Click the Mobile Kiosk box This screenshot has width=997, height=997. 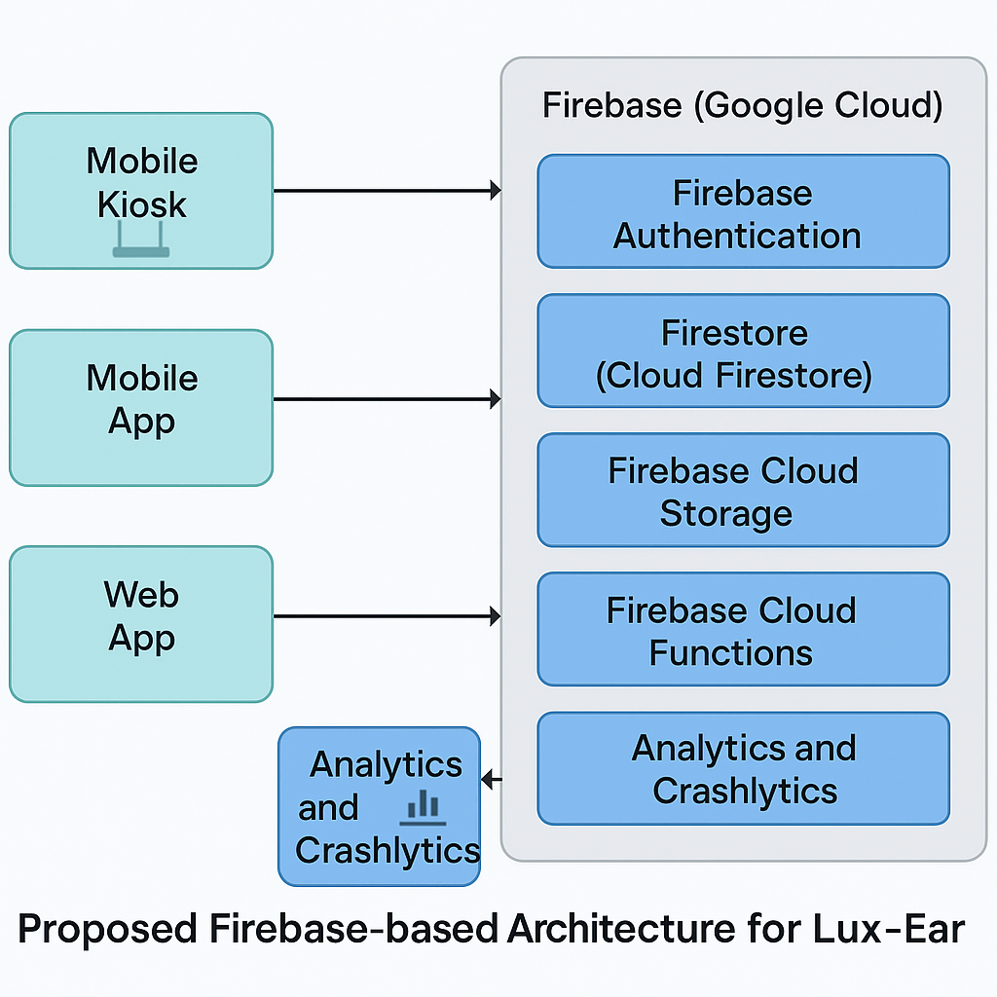click(x=141, y=190)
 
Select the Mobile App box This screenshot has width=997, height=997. click(x=141, y=407)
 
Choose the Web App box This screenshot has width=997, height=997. click(x=141, y=623)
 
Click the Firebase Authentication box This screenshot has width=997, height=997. click(x=743, y=211)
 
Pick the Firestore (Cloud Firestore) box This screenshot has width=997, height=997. click(x=743, y=351)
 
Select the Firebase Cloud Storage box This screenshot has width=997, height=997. click(x=743, y=490)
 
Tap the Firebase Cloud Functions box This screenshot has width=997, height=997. click(x=743, y=629)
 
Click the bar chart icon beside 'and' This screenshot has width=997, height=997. click(x=424, y=807)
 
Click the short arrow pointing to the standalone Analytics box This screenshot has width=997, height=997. click(x=492, y=779)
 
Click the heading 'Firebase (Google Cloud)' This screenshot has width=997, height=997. click(x=742, y=105)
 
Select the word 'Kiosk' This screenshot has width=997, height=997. click(x=142, y=205)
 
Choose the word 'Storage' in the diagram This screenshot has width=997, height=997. click(x=725, y=513)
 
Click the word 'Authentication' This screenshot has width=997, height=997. click(x=737, y=236)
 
